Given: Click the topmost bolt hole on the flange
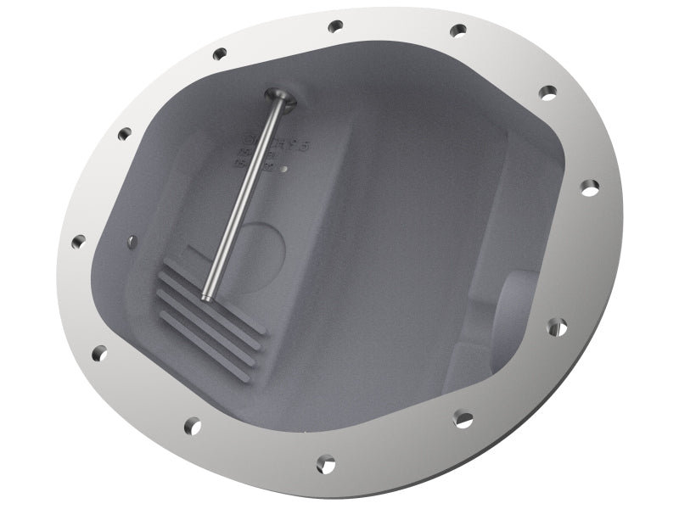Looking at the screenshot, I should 335,26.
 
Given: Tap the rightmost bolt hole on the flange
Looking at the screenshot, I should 588,187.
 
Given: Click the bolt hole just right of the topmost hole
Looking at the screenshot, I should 458,31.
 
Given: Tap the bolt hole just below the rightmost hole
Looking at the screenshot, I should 558,325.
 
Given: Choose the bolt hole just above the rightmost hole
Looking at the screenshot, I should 548,91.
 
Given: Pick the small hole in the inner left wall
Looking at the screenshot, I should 131,242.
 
